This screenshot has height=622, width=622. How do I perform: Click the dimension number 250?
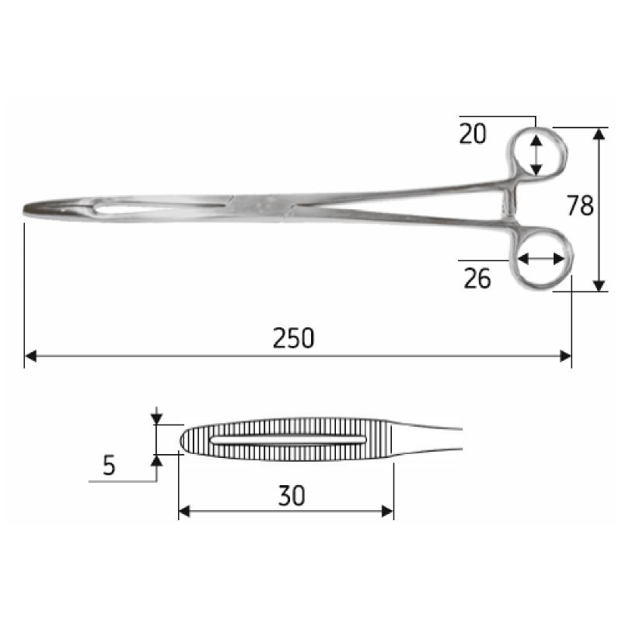[x=294, y=338]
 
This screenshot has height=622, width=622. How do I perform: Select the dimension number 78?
[x=580, y=206]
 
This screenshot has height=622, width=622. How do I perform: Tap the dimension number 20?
[x=472, y=134]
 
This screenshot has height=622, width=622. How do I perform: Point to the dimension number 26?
[x=477, y=278]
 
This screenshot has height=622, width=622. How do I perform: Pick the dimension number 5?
[x=109, y=466]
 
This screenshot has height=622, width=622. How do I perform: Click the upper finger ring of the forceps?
[x=536, y=153]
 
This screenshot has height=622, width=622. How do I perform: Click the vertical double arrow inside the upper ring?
[x=536, y=153]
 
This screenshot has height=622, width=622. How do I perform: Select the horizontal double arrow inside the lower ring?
[x=541, y=259]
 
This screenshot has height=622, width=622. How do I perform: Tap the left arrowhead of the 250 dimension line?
[x=30, y=356]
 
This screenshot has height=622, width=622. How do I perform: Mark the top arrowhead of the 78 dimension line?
[x=599, y=133]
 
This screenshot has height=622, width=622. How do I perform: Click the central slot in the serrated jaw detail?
[x=288, y=441]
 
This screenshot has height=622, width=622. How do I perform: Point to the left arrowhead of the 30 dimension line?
[x=184, y=511]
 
